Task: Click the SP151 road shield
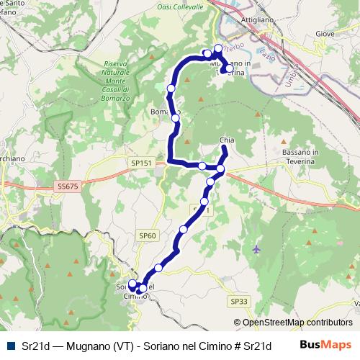coord(142,163)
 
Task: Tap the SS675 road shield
coord(66,186)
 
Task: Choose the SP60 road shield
coord(148,235)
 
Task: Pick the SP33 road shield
coord(239,301)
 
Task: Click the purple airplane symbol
coord(258,249)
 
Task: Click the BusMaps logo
coord(325,346)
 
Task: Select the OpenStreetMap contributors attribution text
coord(293,323)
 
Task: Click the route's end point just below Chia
coord(225,149)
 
